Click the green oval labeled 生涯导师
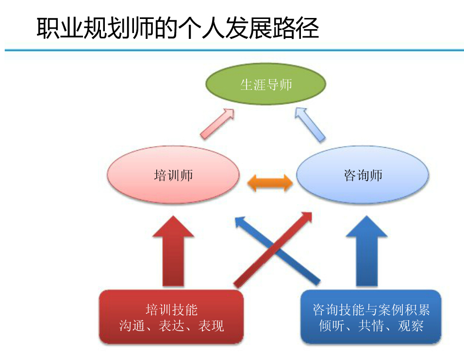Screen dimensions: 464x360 point(266,84)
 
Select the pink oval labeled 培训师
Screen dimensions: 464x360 point(173,174)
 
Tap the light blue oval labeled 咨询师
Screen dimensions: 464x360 point(363,174)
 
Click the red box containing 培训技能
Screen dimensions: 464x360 point(171,317)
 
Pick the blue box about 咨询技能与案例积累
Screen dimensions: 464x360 point(371,317)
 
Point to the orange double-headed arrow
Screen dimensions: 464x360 point(270,183)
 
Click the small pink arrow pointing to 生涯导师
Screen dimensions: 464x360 point(217,124)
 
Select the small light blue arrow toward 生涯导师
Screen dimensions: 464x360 point(310,125)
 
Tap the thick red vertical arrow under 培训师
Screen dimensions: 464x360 point(173,251)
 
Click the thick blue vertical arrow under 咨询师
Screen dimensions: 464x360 point(366,251)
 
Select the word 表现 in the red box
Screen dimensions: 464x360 point(211,326)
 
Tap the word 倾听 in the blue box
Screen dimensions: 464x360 point(331,326)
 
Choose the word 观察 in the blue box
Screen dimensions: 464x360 point(411,326)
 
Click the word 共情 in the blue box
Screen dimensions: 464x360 point(371,326)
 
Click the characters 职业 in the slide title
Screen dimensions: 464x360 point(60,28)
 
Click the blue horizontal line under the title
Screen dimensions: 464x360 point(234,51)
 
